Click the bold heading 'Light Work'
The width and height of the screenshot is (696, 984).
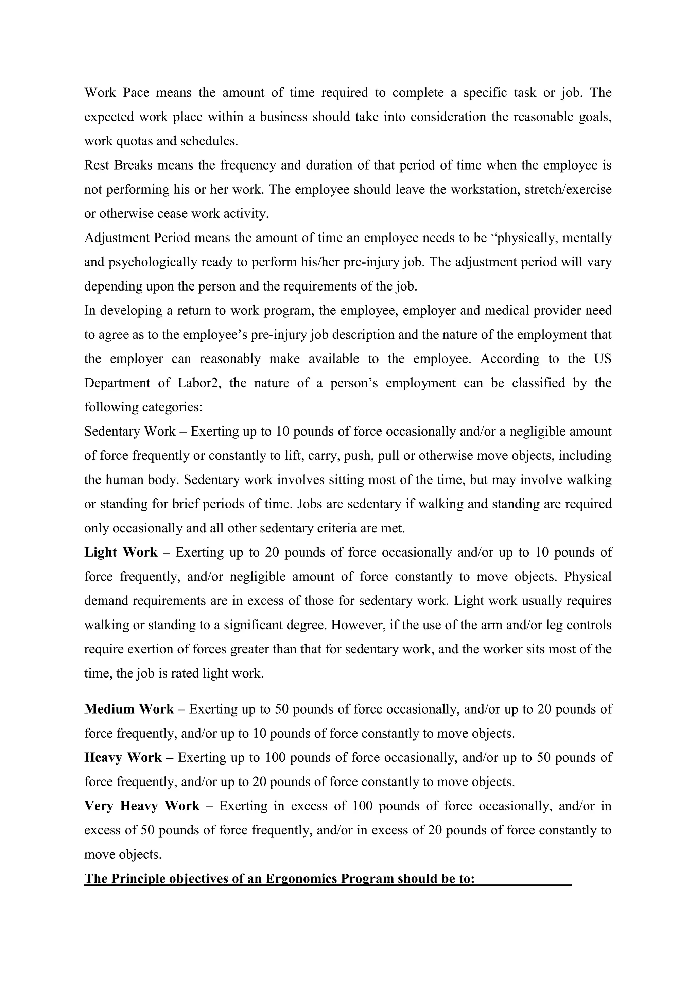(121, 552)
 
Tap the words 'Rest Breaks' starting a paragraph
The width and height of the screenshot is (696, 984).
(118, 165)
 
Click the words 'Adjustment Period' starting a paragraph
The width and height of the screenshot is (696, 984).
(137, 238)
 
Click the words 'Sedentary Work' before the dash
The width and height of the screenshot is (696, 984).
(130, 431)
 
